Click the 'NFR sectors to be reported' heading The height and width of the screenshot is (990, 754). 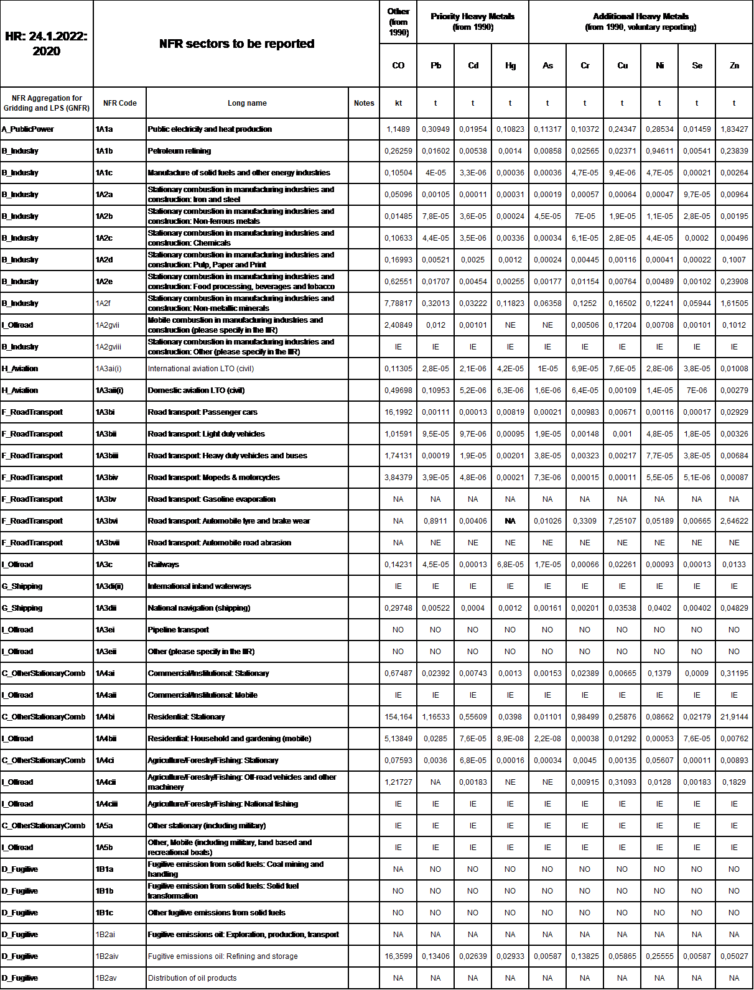click(x=236, y=44)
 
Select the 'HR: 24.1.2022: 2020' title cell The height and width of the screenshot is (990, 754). click(x=47, y=44)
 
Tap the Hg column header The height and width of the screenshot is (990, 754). click(x=510, y=65)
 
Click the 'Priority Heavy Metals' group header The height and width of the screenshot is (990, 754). click(x=473, y=21)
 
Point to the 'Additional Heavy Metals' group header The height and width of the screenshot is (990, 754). click(x=641, y=21)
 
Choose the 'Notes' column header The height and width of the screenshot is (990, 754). click(x=364, y=103)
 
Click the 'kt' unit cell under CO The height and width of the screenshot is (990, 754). click(x=398, y=103)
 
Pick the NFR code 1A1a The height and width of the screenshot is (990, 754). click(x=105, y=129)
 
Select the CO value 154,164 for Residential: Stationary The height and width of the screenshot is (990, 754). click(x=398, y=717)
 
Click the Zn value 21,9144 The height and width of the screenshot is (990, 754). click(x=734, y=717)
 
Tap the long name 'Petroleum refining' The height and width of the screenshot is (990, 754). click(x=179, y=151)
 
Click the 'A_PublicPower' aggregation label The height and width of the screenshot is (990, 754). click(x=28, y=129)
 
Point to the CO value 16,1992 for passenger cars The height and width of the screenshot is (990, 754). click(x=398, y=412)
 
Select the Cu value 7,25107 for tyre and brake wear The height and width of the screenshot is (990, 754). click(x=622, y=521)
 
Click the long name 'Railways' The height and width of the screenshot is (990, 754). click(x=163, y=565)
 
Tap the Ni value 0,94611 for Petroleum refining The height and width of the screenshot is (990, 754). click(x=659, y=151)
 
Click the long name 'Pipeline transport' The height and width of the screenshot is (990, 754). click(x=178, y=630)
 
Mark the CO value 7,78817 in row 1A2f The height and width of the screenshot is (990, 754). click(x=398, y=303)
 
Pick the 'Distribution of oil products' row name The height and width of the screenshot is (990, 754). click(x=192, y=978)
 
